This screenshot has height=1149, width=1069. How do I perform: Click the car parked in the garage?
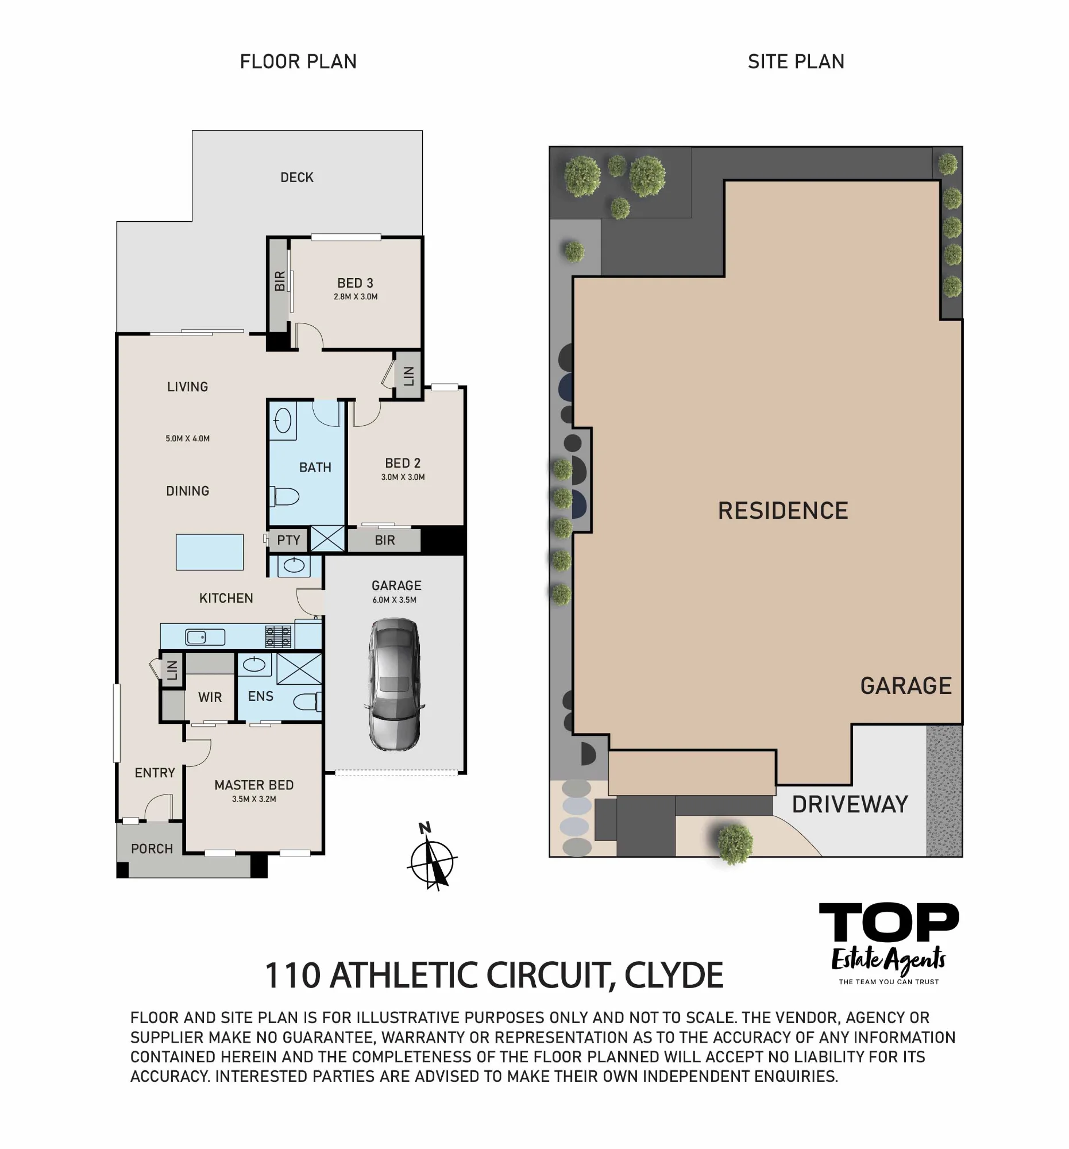tap(395, 684)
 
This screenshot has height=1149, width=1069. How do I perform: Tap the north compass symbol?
tap(432, 857)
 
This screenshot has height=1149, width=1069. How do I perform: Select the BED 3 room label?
tap(355, 283)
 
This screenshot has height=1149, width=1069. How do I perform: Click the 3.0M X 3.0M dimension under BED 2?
tap(403, 477)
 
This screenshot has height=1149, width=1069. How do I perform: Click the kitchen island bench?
tap(209, 552)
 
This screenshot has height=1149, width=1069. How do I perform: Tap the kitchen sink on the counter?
tap(204, 637)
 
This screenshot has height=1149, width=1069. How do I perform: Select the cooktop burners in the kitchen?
tap(278, 637)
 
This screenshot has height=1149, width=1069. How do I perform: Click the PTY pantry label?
tap(288, 540)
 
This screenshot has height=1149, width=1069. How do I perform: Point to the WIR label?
tap(210, 697)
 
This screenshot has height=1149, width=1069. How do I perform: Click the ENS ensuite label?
tap(261, 696)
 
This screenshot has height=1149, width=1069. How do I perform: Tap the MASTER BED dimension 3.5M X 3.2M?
tap(254, 799)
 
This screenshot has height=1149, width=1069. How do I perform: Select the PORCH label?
tap(152, 849)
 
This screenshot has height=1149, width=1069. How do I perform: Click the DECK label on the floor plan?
tap(297, 178)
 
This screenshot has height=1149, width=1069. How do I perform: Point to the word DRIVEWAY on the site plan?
tap(850, 804)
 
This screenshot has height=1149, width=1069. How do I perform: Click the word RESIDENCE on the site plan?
tap(783, 510)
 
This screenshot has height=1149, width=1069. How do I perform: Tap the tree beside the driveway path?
tap(735, 843)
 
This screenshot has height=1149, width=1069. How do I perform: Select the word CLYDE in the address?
tap(674, 975)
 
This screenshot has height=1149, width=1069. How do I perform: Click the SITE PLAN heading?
tap(796, 61)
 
